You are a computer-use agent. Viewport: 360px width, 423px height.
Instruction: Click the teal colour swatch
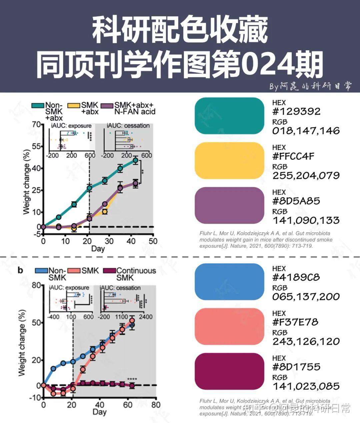point(229,116)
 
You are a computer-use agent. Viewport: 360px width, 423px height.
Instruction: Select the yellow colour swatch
point(229,161)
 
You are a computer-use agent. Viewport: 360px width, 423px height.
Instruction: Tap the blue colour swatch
point(229,282)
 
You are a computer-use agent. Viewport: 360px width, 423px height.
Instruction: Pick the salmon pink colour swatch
point(229,327)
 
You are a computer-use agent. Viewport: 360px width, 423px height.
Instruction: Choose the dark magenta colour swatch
point(229,371)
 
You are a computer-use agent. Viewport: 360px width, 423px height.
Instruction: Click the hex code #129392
point(296,111)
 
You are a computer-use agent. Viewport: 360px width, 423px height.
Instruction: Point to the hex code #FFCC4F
point(293,156)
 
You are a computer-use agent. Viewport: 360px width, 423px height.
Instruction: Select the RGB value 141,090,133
point(306,220)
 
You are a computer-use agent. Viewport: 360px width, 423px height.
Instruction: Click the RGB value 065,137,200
point(306,297)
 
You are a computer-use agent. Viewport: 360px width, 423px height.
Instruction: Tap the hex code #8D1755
point(296,367)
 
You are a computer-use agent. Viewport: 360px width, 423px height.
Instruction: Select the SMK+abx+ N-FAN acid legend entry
point(130,109)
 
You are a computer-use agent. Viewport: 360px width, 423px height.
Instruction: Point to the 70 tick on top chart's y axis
point(36,125)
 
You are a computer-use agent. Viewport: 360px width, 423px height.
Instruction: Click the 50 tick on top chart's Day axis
point(153,241)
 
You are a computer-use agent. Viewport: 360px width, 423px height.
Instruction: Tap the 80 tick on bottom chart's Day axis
point(156,405)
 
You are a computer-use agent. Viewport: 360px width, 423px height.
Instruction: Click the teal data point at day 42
point(135,161)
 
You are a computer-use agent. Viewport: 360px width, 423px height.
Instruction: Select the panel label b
point(20,270)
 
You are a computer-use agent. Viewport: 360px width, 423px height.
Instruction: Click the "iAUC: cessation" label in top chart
point(128,126)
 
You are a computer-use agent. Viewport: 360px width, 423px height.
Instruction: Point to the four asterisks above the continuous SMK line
point(132,379)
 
